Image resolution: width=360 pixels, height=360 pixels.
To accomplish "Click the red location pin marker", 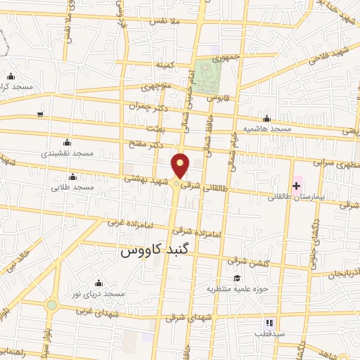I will (x=181, y=167).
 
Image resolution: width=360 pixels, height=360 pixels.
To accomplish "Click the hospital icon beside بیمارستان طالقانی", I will (x=297, y=186).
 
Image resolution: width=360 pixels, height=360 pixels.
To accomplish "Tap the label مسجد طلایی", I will (x=72, y=188).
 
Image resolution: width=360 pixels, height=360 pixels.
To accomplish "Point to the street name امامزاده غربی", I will (x=131, y=222).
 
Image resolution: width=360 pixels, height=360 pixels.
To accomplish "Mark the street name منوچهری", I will (x=155, y=89).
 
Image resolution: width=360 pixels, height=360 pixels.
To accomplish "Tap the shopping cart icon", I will (x=41, y=114).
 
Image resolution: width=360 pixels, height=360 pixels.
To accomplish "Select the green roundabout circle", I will (x=51, y=305).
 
